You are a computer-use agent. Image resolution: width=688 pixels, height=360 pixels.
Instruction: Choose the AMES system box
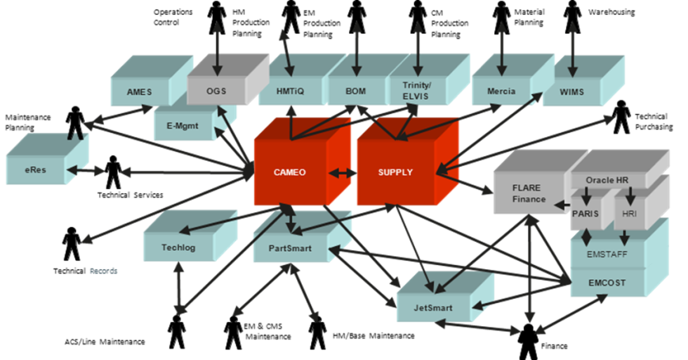[x=139, y=92]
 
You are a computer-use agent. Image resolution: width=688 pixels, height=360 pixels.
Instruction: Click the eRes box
[x=35, y=169]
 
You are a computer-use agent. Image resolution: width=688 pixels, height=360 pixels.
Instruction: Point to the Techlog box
[x=173, y=248]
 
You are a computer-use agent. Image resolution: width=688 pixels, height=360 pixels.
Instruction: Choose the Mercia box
[x=499, y=91]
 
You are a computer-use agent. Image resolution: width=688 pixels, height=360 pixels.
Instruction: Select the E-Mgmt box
[x=184, y=124]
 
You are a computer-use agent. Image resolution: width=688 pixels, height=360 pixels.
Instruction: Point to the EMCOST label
[x=606, y=281]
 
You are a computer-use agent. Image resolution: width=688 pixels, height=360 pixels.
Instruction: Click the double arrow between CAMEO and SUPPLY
[x=341, y=172]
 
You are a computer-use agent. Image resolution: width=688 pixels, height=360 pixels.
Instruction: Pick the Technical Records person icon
[x=72, y=243]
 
